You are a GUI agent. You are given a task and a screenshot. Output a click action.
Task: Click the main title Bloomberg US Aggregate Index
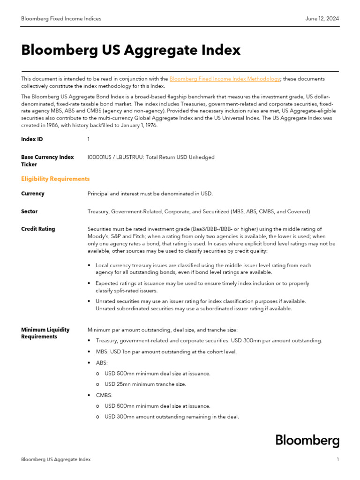[131, 50]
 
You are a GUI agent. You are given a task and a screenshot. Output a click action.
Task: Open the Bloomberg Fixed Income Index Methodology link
[225, 79]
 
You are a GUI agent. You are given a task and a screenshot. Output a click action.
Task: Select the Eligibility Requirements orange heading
[55, 179]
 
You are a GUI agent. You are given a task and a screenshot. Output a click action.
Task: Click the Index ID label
[32, 139]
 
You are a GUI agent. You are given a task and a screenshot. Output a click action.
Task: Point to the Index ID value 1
[89, 139]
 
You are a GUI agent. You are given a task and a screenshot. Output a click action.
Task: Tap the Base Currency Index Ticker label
[47, 161]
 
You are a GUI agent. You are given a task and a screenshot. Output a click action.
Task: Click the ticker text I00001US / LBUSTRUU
[115, 157]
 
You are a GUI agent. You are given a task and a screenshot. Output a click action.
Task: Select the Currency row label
[33, 194]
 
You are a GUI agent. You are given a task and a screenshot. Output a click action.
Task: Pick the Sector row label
[29, 211]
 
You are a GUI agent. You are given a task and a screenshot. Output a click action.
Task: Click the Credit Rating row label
[38, 229]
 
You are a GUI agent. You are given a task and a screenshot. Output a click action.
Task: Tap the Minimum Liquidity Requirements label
[45, 333]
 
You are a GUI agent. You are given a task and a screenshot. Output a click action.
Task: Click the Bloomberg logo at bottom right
[307, 441]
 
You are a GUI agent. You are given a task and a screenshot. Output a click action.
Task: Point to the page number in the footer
[337, 460]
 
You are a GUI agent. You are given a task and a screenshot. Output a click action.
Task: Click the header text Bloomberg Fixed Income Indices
[61, 19]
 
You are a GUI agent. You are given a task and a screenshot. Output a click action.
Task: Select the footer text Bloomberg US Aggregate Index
[56, 460]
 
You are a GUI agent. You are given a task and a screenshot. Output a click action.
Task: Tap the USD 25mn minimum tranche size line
[145, 384]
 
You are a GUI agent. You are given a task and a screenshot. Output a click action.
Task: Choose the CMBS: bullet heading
[104, 395]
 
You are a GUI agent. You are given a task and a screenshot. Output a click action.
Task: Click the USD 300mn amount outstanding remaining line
[172, 417]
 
